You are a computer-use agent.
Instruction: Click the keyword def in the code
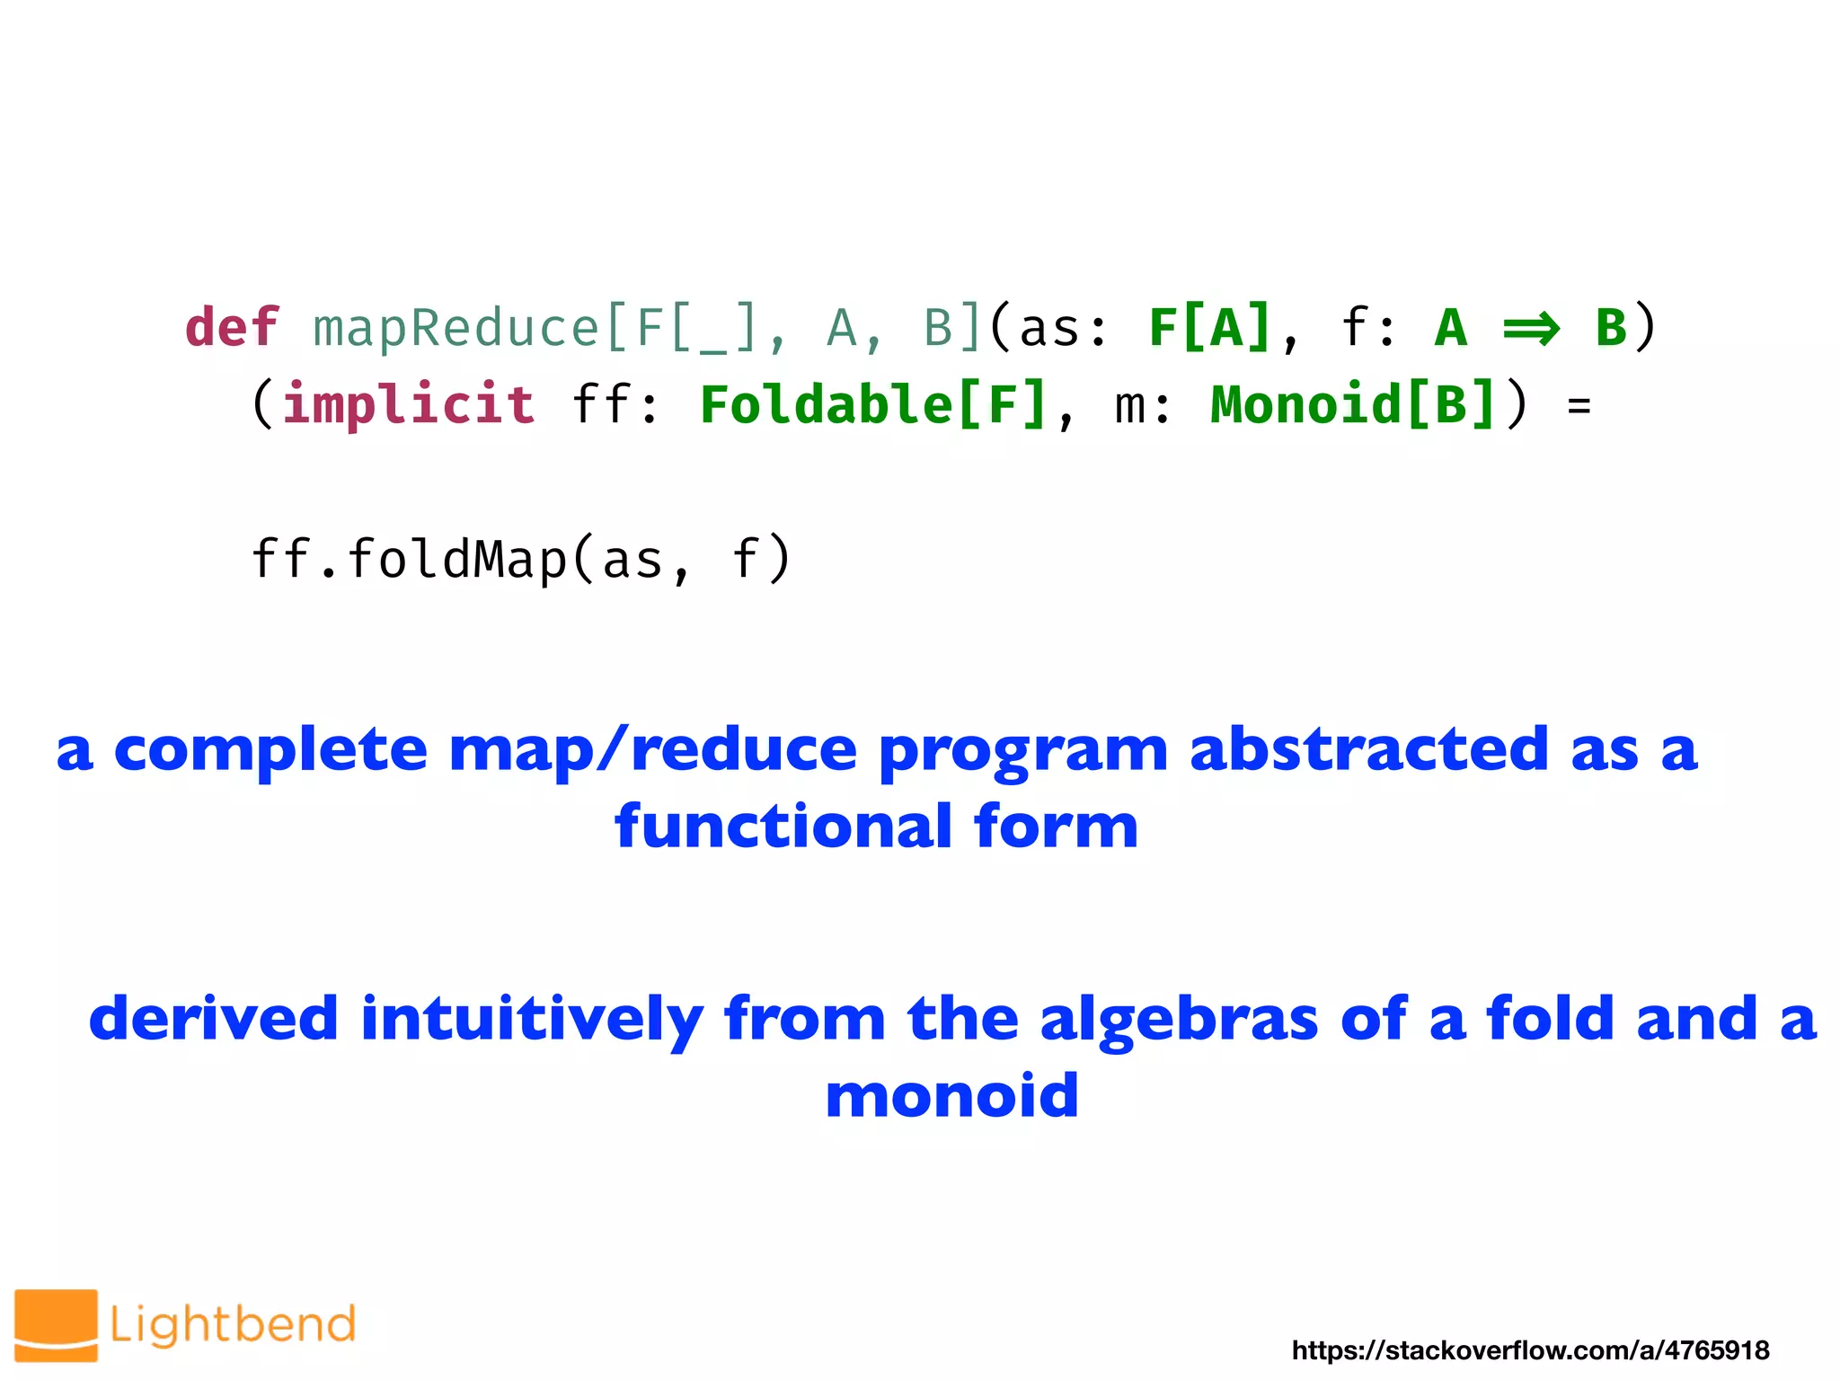[232, 327]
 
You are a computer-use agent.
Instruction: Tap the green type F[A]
[1209, 327]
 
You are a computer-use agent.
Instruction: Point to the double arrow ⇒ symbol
[1531, 329]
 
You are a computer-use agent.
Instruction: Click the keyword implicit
[409, 403]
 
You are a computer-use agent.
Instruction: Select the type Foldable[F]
[873, 404]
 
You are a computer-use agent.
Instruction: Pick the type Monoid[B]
[1352, 404]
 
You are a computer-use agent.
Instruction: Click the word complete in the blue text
[270, 750]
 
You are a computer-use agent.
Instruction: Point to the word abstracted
[1368, 750]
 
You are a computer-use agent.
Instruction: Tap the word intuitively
[532, 1020]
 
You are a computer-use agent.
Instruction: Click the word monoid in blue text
[951, 1096]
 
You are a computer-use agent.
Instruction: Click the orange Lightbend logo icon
[56, 1325]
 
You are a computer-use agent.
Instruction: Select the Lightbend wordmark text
[233, 1325]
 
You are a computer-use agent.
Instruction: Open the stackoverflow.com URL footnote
[1530, 1349]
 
